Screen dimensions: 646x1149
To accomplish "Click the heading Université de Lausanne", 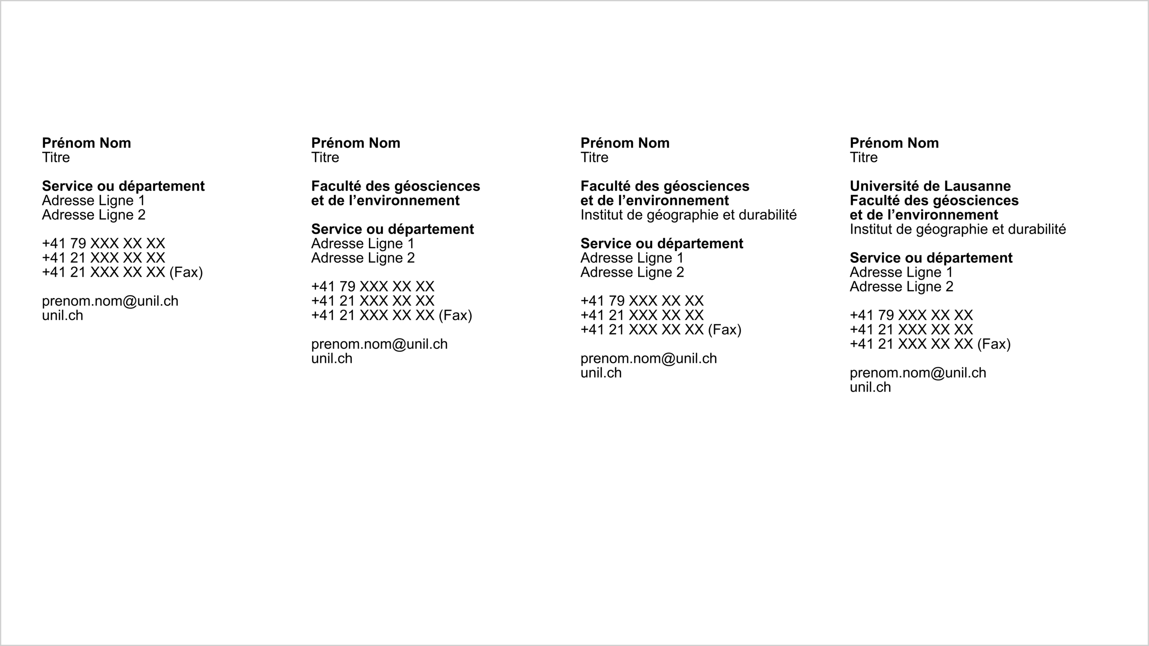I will (x=930, y=186).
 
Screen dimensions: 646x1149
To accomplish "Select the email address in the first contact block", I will (x=110, y=301).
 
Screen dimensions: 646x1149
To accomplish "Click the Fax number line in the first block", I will (x=122, y=272).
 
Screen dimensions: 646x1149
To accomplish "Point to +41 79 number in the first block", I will (x=103, y=244).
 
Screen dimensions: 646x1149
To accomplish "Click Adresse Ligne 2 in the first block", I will (x=93, y=215).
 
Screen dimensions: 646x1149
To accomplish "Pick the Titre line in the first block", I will (x=56, y=157).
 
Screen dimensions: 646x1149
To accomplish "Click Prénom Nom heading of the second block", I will (x=355, y=143).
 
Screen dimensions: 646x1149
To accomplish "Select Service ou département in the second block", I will (x=392, y=229).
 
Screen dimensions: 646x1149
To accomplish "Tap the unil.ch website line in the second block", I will (x=332, y=358).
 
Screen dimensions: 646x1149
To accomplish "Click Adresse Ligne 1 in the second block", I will (x=362, y=244).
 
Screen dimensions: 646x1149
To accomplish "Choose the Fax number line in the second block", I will (x=391, y=315).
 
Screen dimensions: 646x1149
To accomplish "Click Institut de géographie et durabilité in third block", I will (x=689, y=215).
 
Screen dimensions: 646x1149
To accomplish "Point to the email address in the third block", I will (x=649, y=358).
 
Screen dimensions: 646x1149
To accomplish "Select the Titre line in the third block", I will (x=594, y=157).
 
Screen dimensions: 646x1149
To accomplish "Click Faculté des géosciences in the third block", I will (x=665, y=186).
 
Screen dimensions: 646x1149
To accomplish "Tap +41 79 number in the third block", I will (x=642, y=301).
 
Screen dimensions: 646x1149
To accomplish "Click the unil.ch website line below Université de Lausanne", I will (x=870, y=387).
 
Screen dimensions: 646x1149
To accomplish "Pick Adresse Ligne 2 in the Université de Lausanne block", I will (x=901, y=287).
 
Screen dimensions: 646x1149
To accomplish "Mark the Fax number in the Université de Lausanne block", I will (x=930, y=344).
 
